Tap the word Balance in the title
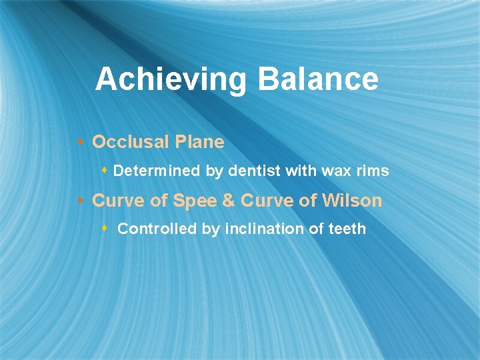(x=317, y=79)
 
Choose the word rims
(x=373, y=171)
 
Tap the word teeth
(x=347, y=229)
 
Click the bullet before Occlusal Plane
(x=80, y=143)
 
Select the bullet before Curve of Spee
(x=80, y=201)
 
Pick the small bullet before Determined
(x=105, y=171)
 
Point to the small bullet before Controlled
(x=105, y=229)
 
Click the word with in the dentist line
(x=301, y=171)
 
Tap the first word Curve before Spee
(x=118, y=201)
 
